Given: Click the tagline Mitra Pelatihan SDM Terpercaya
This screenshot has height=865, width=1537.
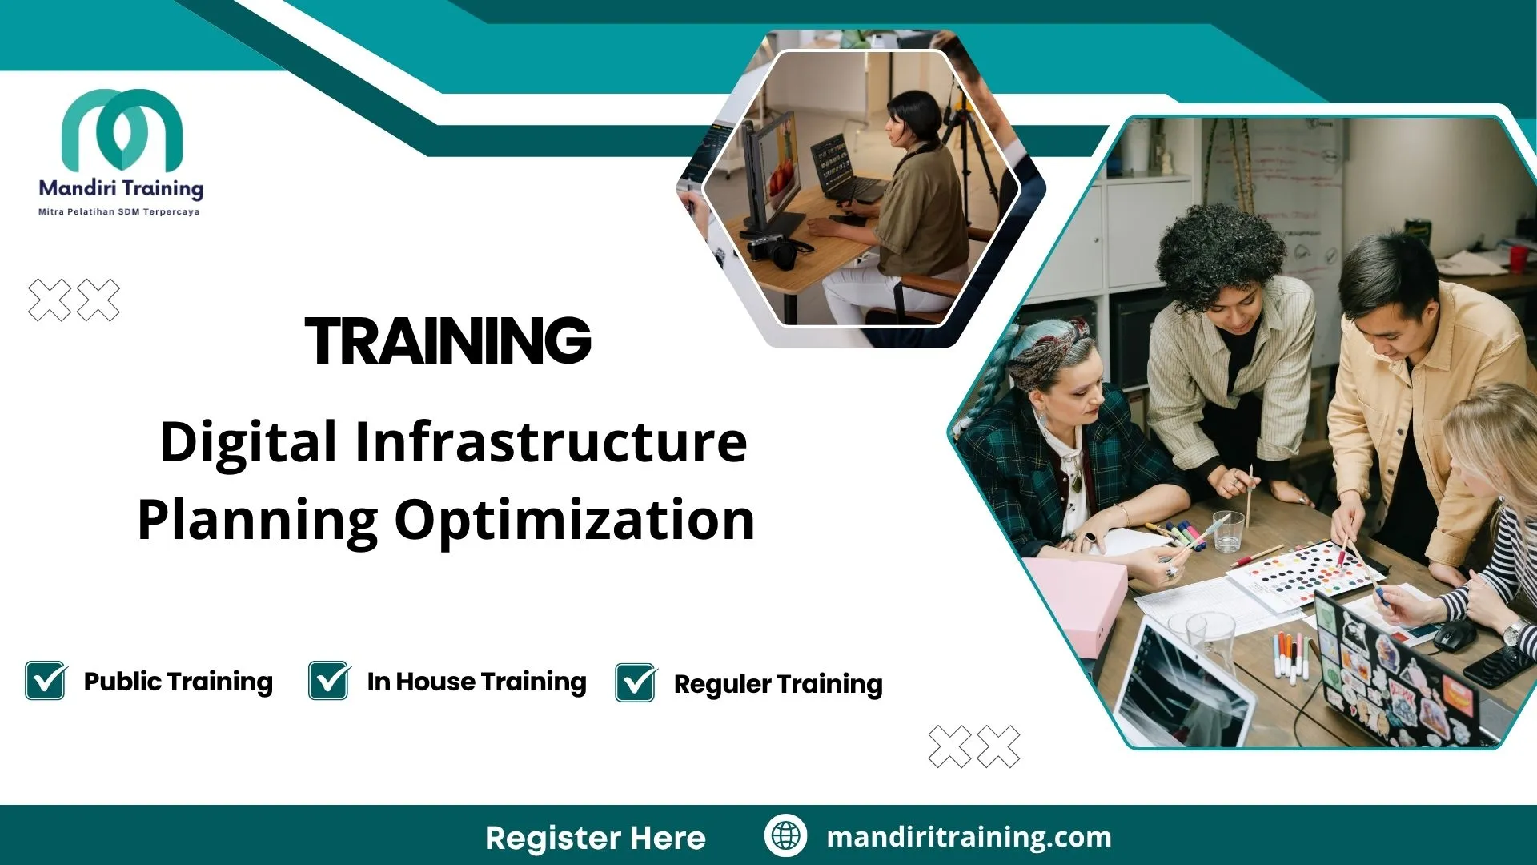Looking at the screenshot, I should click(x=118, y=212).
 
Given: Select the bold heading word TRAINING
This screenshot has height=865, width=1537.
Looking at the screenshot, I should click(x=447, y=341).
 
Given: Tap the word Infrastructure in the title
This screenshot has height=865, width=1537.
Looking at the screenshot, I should click(x=550, y=442).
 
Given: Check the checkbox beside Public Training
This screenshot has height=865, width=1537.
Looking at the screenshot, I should click(x=46, y=681).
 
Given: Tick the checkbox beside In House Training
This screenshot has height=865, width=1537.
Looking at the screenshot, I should click(x=329, y=681).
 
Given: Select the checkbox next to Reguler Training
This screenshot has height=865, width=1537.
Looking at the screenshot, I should click(x=636, y=683).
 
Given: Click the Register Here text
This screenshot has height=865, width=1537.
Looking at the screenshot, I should click(x=595, y=838).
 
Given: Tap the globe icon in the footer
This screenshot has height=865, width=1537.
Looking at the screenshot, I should click(x=785, y=835).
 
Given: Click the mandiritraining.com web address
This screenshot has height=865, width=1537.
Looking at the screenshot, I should click(x=969, y=837).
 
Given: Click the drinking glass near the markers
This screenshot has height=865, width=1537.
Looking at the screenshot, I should click(x=1227, y=531).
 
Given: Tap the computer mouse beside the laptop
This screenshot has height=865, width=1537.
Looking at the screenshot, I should click(x=1454, y=634).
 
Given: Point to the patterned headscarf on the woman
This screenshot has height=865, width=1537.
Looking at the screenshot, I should click(x=1045, y=352).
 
